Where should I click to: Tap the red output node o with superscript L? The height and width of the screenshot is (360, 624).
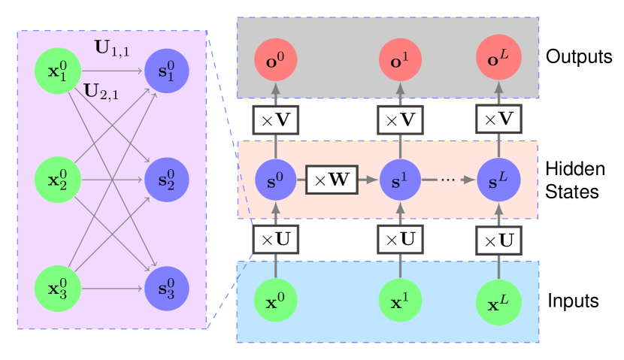point(498,59)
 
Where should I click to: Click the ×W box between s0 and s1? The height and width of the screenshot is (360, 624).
point(332,180)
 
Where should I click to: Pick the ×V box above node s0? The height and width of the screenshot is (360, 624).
point(275,119)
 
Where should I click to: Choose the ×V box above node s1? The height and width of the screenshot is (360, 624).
point(400,119)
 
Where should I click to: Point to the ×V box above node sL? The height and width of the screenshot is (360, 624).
point(498,119)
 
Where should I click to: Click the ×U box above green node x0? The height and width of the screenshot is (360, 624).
point(275,240)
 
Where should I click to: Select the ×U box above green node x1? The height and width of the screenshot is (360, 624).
point(400,240)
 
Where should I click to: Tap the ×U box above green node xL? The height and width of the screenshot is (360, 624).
point(498,241)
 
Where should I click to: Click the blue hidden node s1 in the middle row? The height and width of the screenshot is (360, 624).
point(400,180)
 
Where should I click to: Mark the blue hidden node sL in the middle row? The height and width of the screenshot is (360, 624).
point(498,180)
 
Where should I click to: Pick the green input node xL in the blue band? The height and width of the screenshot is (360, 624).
point(498,302)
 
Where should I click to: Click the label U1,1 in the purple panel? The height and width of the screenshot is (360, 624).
point(112,49)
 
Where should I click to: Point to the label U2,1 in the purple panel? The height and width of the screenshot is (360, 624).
point(101,91)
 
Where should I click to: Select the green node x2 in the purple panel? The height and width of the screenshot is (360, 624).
point(57,180)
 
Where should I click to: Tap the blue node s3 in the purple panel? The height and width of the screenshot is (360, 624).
point(166,289)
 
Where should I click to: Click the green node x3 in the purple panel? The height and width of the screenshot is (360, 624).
point(57,289)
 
